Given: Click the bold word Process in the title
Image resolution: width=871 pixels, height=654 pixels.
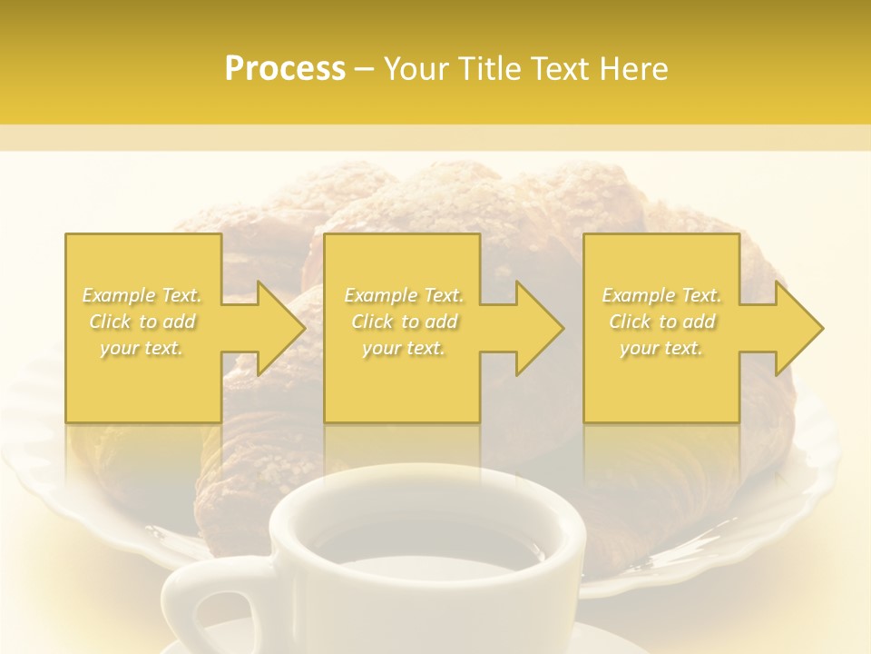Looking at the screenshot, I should coord(285,69).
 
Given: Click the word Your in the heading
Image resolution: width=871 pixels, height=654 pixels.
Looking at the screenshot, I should coord(416,69).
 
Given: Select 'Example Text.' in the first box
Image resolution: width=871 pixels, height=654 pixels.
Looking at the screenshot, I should coord(142,295).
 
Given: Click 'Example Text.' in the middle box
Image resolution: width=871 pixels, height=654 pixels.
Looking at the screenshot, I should coord(404,295).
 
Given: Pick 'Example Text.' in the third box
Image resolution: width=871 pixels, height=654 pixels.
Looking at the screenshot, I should coord(661,295).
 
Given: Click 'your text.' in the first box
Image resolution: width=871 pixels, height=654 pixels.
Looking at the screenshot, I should coord(142,348).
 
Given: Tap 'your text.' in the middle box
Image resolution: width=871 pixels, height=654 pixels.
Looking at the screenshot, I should coord(404,348).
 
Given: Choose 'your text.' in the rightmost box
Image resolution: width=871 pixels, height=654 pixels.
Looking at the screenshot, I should coord(661,348).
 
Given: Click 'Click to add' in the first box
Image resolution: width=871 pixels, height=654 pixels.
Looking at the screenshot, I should coord(142,322).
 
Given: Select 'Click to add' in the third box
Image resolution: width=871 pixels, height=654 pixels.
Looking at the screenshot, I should coord(662,322).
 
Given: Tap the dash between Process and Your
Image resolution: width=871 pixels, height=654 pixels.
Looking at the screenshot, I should coord(365,70).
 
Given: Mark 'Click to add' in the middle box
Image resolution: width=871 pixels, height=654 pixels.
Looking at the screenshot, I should coord(404,322).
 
